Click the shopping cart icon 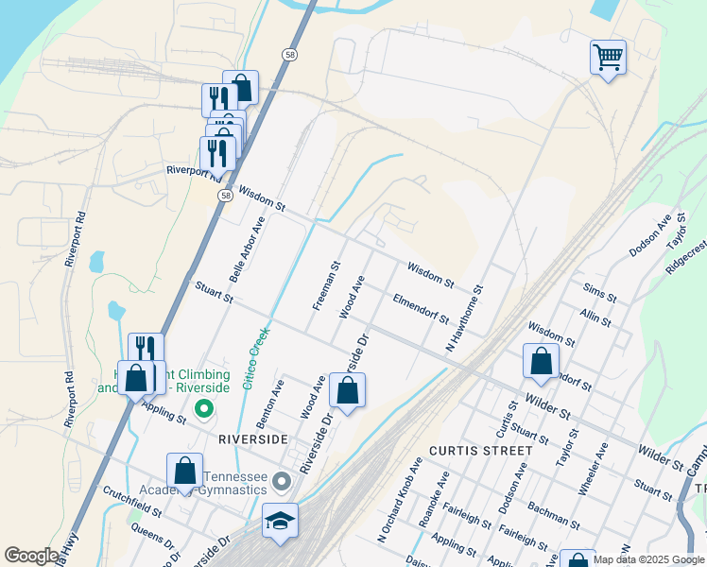(608, 57)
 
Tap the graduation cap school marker (280, 521)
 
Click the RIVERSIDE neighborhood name (252, 439)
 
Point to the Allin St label (596, 317)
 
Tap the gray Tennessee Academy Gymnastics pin (281, 482)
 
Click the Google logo (31, 556)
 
